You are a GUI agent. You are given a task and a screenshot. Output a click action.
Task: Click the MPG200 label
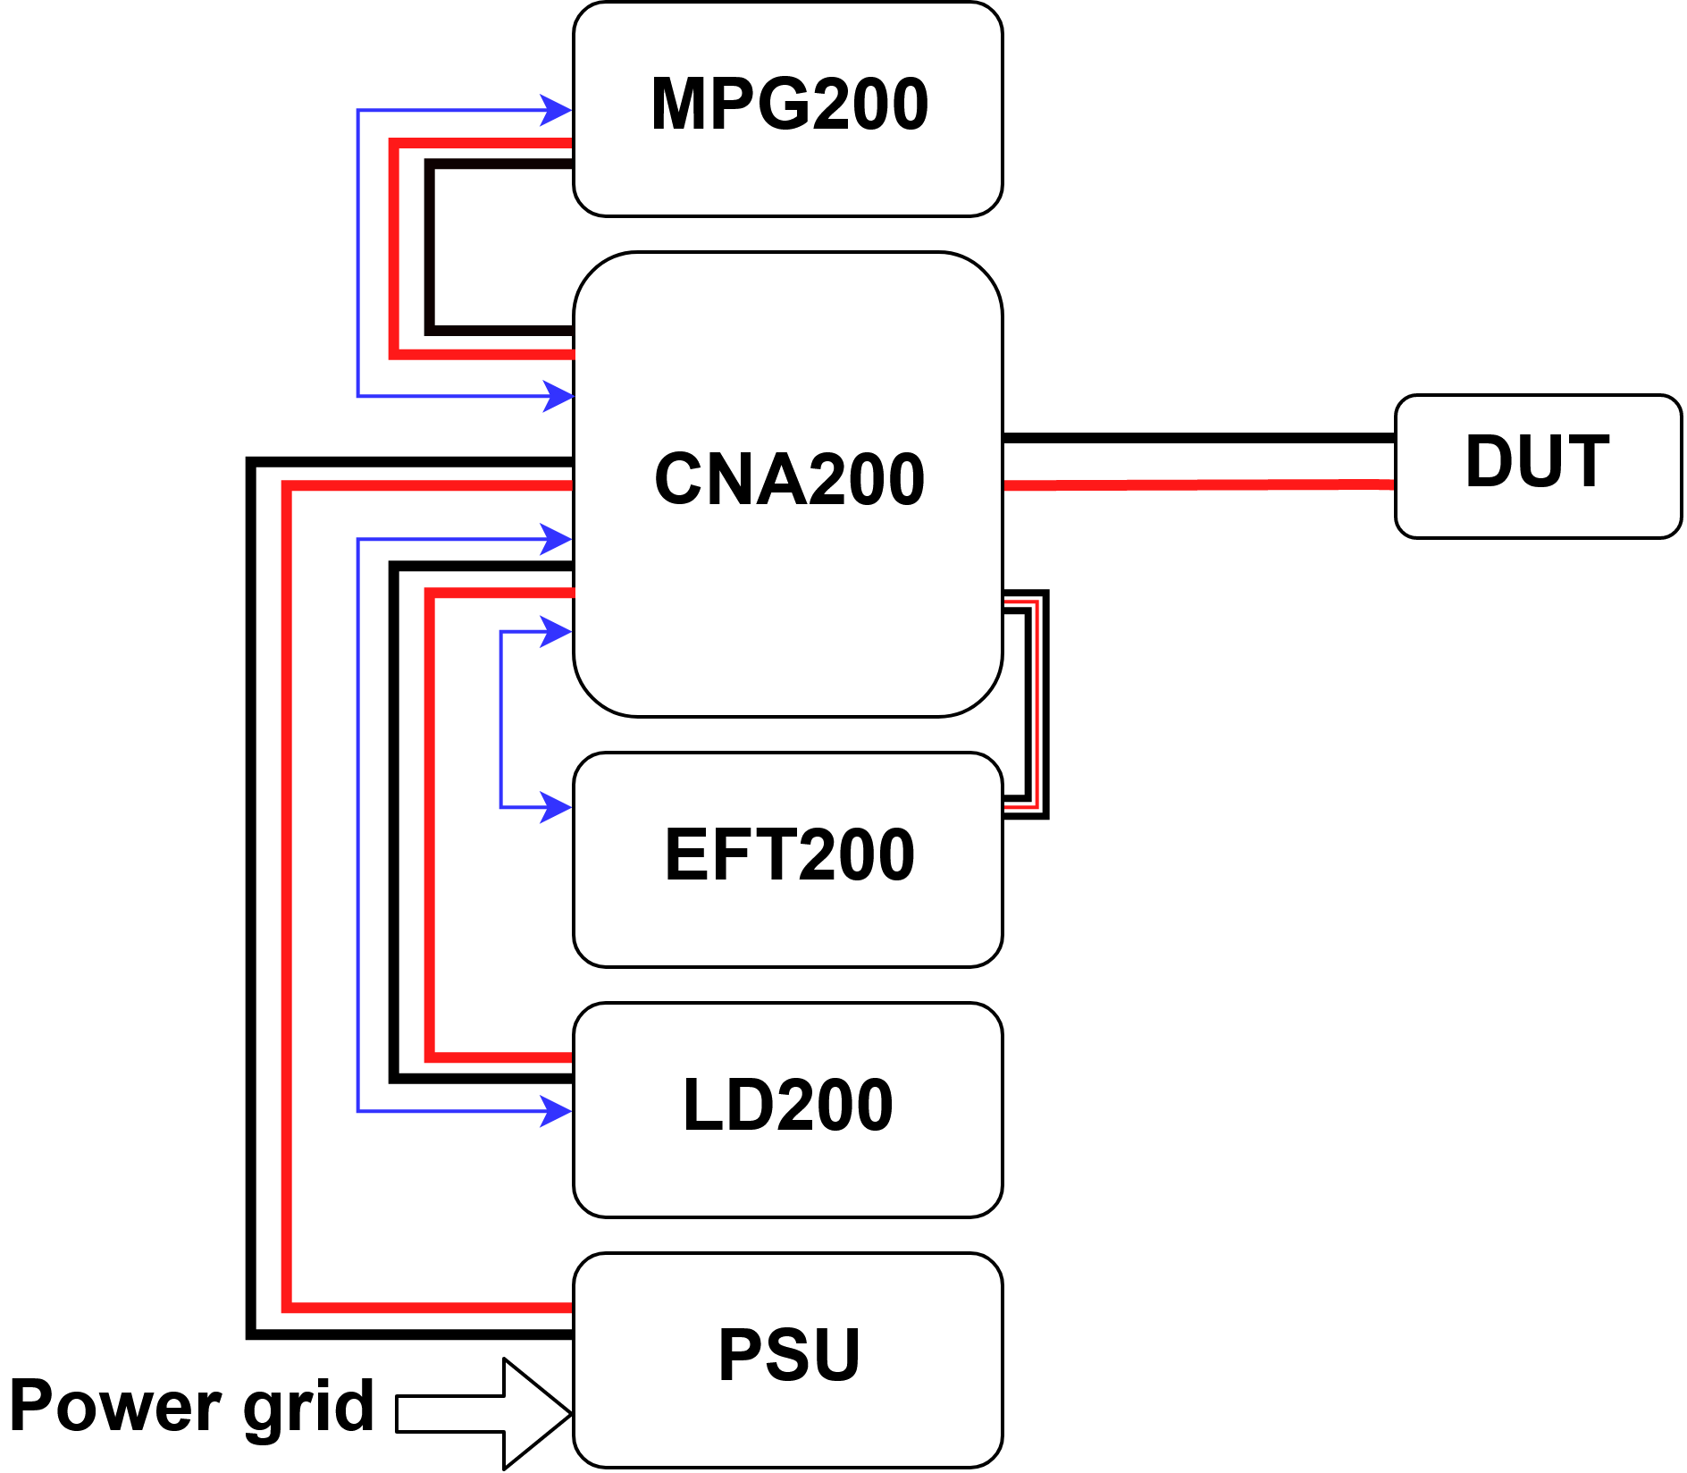point(789,105)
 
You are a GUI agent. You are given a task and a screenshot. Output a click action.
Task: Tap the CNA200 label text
point(789,480)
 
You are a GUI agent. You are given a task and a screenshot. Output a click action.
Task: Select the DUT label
point(1537,462)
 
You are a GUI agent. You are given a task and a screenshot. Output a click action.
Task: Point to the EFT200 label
point(789,855)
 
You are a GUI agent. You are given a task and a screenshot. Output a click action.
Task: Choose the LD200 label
point(787,1106)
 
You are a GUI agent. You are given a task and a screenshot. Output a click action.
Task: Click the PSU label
point(789,1356)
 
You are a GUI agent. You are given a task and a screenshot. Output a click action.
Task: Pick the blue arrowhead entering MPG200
point(557,111)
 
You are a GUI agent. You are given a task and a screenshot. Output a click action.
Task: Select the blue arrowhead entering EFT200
point(557,807)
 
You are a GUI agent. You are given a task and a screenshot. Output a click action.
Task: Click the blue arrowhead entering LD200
point(557,1112)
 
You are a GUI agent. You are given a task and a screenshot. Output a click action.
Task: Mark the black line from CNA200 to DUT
point(1197,438)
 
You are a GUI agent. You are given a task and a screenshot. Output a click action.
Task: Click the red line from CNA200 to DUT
point(1197,484)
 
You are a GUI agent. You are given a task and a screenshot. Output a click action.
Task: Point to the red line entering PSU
point(429,1308)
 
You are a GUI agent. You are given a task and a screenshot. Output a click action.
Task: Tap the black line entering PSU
point(411,1334)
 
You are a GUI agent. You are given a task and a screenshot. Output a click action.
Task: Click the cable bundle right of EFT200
point(1037,706)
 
